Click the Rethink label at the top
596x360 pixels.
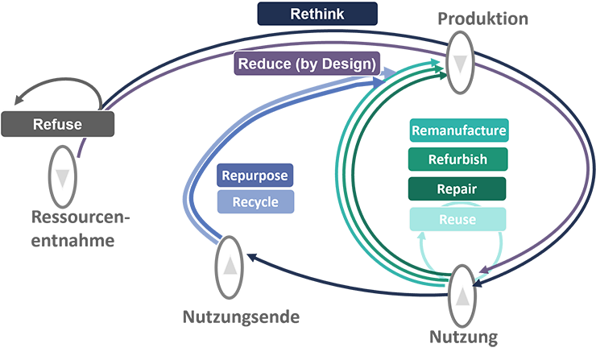(x=317, y=14)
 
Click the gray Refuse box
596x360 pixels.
(x=57, y=124)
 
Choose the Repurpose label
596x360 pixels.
(x=254, y=174)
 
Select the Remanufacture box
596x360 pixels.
(x=458, y=130)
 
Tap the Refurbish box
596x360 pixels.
(x=458, y=159)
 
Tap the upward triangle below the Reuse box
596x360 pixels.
(x=462, y=296)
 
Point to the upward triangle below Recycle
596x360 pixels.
(x=231, y=263)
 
